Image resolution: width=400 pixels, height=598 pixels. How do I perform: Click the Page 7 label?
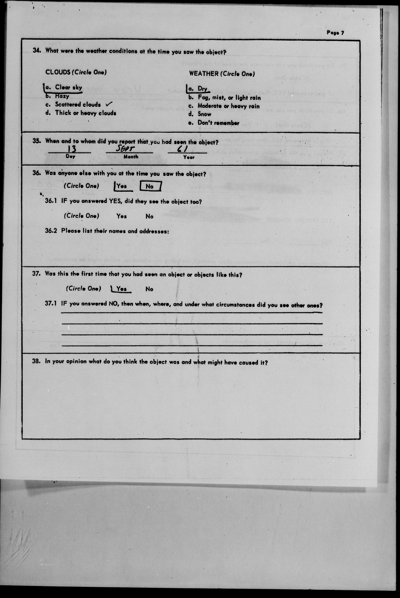(x=335, y=33)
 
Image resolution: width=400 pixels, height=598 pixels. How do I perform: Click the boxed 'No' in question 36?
(x=150, y=186)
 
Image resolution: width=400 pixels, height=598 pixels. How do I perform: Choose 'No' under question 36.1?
(x=150, y=216)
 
